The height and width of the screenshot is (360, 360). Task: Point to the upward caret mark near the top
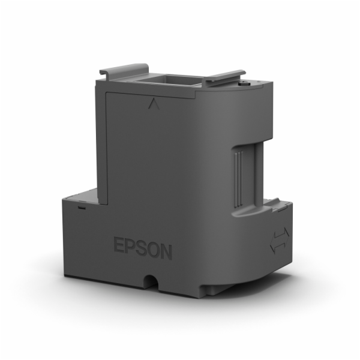point(150,104)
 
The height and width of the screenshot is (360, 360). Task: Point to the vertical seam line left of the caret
point(106,144)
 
